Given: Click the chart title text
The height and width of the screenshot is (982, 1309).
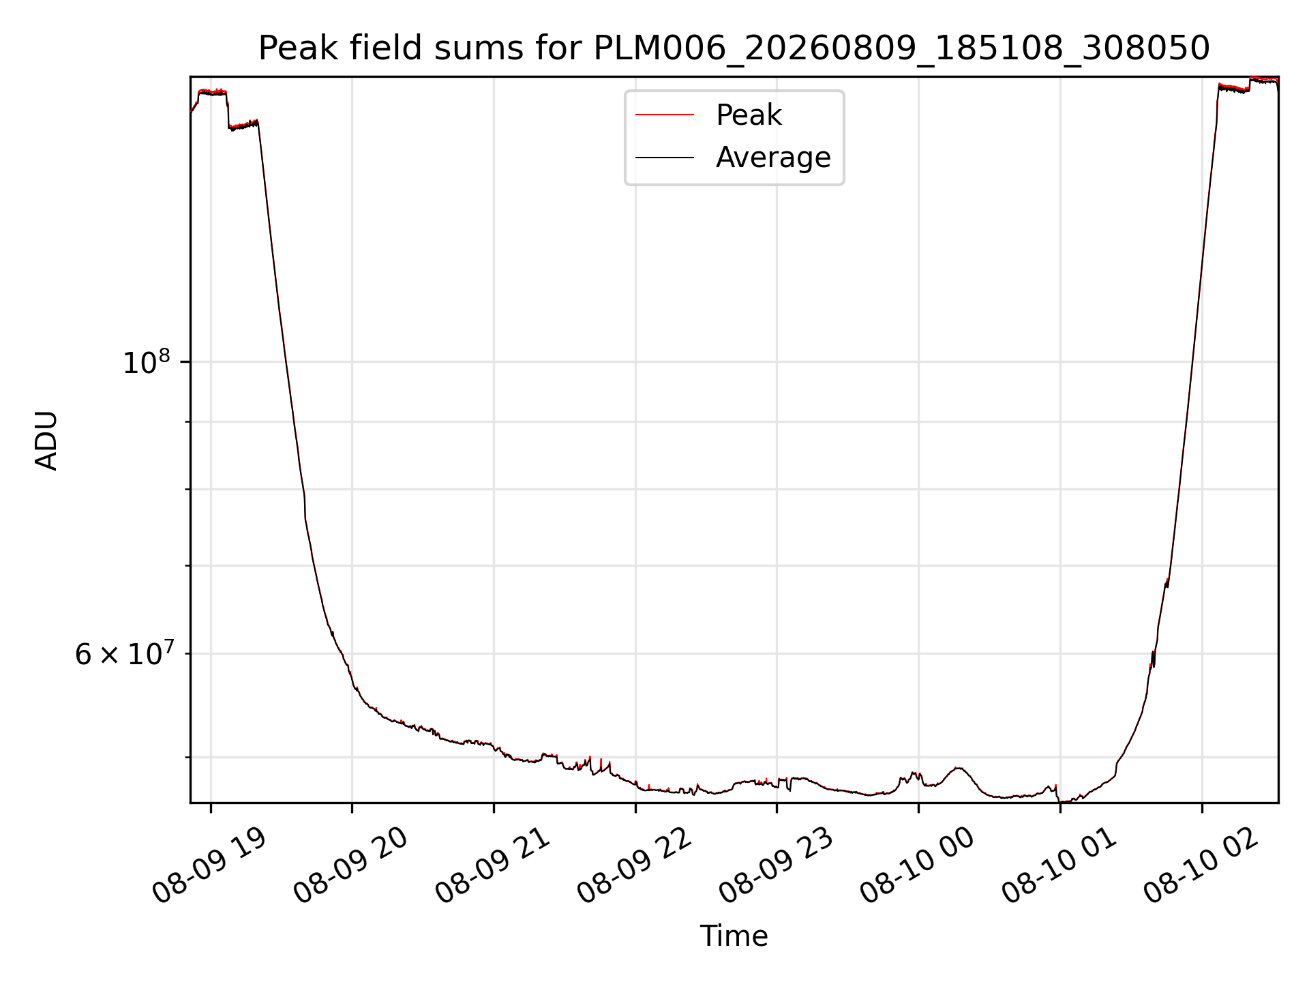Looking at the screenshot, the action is click(x=734, y=48).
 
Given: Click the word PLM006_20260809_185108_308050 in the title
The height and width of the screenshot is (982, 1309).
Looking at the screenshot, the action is click(x=902, y=49).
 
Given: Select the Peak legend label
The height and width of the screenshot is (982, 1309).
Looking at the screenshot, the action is click(x=749, y=115).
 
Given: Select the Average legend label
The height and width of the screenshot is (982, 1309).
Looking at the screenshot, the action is click(x=773, y=158).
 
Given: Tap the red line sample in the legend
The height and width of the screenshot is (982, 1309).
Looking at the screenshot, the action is click(x=665, y=115).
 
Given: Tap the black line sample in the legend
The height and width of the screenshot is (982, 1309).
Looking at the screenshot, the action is click(x=665, y=158).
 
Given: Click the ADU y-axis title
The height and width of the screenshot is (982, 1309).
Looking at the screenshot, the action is click(x=46, y=441).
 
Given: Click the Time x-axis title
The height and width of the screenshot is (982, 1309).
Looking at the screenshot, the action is click(x=734, y=936).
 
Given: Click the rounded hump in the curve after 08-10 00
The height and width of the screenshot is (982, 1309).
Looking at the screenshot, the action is click(x=959, y=769).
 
